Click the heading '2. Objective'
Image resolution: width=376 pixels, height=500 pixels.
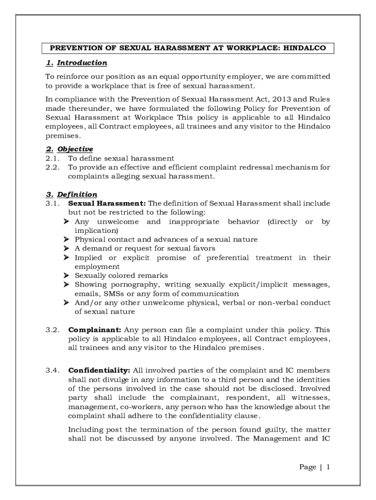point(69,149)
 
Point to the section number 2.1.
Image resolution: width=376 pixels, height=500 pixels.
point(52,158)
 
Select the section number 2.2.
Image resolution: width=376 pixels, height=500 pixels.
point(52,167)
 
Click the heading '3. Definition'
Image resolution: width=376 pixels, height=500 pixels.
point(71,194)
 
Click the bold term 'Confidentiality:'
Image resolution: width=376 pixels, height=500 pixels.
point(99,370)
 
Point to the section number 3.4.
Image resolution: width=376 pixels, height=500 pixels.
point(52,370)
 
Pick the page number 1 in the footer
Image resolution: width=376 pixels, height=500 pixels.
point(329,467)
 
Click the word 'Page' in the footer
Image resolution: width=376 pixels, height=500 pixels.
point(307,467)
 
